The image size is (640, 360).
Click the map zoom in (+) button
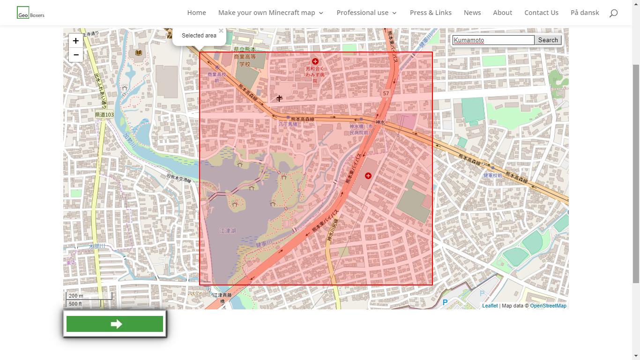pyautogui.click(x=75, y=41)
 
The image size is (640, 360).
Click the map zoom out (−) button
pyautogui.click(x=75, y=55)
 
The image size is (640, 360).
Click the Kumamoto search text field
pyautogui.click(x=493, y=40)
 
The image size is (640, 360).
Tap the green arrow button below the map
pyautogui.click(x=115, y=324)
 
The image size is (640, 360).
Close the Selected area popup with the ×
pyautogui.click(x=221, y=31)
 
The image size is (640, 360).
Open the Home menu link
pyautogui.click(x=196, y=13)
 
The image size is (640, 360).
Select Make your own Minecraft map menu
pyautogui.click(x=270, y=13)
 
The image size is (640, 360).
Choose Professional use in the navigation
pyautogui.click(x=366, y=13)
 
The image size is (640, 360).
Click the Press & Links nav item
pyautogui.click(x=431, y=13)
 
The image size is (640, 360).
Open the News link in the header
pyautogui.click(x=472, y=13)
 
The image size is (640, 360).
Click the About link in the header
pyautogui.click(x=502, y=13)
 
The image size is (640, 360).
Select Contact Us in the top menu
pyautogui.click(x=541, y=13)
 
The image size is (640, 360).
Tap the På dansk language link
pyautogui.click(x=585, y=13)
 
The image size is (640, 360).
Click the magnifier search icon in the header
pyautogui.click(x=613, y=13)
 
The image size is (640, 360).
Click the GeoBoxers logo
pyautogui.click(x=30, y=13)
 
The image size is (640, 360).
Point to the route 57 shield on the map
pyautogui.click(x=386, y=93)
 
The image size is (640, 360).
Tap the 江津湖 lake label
pyautogui.click(x=228, y=231)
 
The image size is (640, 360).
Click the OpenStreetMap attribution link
pyautogui.click(x=548, y=306)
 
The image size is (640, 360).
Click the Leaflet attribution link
pyautogui.click(x=490, y=306)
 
